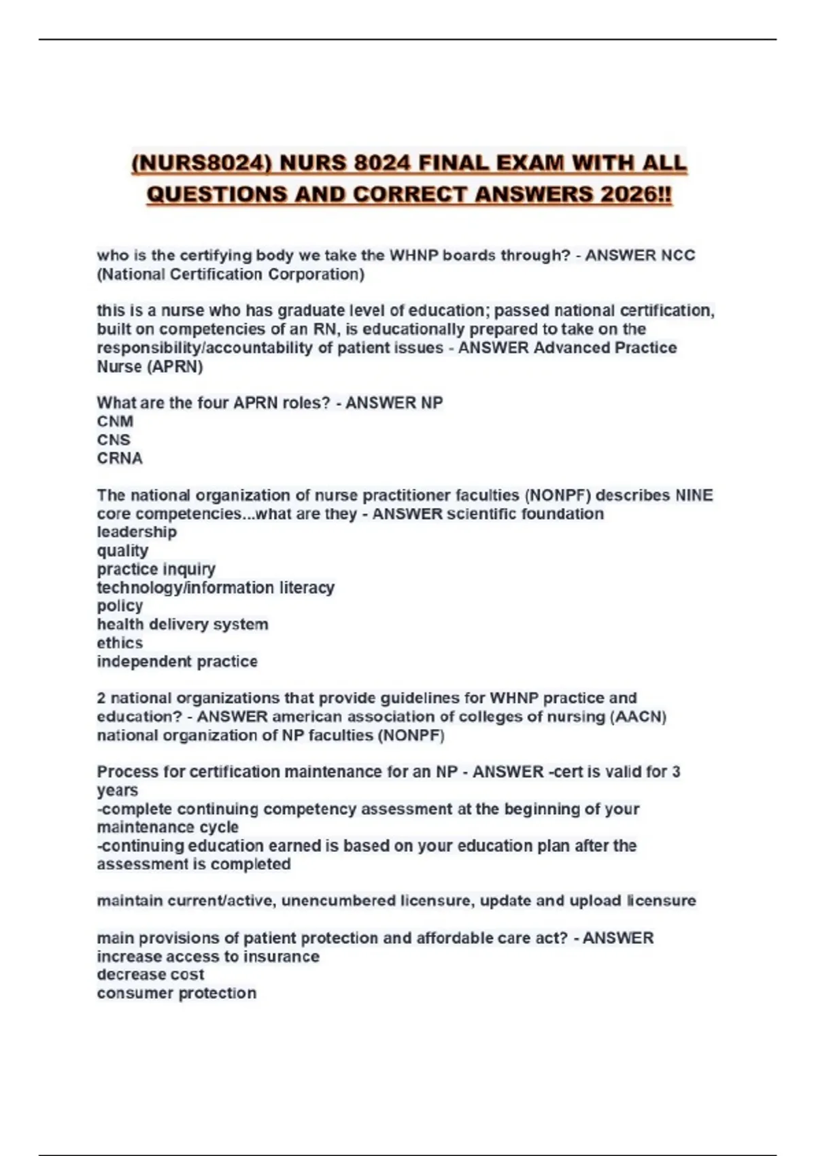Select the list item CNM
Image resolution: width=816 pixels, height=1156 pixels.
coord(115,422)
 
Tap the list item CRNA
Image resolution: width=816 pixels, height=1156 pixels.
coord(120,459)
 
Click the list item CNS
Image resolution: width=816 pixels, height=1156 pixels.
coord(114,440)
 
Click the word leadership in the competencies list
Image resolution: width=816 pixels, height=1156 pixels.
coord(137,532)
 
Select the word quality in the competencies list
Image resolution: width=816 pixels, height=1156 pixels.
coord(122,551)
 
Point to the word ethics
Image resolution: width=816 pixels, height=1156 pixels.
coord(120,643)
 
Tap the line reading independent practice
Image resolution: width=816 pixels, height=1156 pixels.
coord(177,662)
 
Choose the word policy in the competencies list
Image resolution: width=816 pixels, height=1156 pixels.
coord(120,607)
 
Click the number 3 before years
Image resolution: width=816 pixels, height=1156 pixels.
coord(676,772)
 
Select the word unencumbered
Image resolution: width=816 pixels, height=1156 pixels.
coord(338,901)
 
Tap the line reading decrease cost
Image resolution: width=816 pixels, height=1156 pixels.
coord(150,975)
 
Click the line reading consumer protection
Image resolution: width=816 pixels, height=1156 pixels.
coord(177,993)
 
